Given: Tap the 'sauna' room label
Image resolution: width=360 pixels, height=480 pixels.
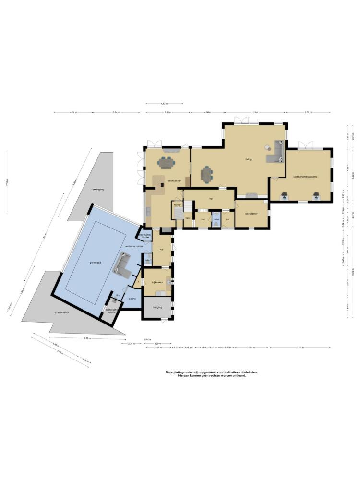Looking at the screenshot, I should pyautogui.click(x=132, y=299).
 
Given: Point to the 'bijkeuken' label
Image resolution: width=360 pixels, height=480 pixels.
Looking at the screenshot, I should pyautogui.click(x=158, y=282).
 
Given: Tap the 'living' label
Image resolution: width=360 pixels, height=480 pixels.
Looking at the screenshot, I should pyautogui.click(x=248, y=159).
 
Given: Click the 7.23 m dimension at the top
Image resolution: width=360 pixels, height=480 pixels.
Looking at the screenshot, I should pyautogui.click(x=254, y=112).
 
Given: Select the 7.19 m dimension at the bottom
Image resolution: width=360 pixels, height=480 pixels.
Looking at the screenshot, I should pyautogui.click(x=300, y=347).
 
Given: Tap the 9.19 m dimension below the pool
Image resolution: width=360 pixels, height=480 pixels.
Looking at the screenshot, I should pyautogui.click(x=87, y=338).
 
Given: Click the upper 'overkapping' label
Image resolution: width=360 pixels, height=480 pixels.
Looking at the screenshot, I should pyautogui.click(x=98, y=189).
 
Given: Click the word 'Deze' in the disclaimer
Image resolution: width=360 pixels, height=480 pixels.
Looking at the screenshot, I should pyautogui.click(x=169, y=372).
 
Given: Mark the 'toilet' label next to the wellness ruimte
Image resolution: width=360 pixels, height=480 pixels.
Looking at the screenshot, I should pyautogui.click(x=147, y=261).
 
